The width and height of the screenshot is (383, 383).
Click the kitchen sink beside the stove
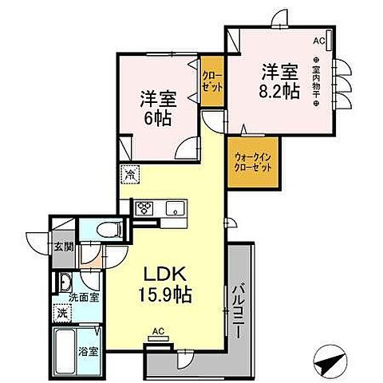point(173,209)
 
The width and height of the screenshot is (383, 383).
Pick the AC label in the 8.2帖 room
point(318,40)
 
